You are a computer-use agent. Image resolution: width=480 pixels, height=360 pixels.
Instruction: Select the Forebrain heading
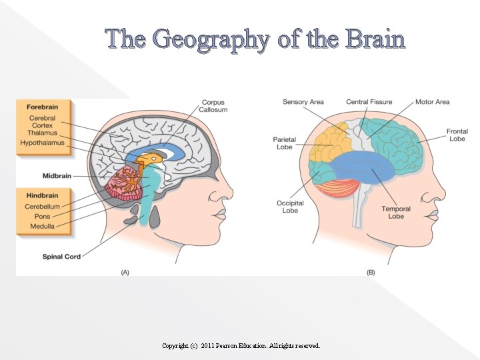(41, 107)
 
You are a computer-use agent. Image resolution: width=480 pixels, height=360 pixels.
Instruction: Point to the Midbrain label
(57, 176)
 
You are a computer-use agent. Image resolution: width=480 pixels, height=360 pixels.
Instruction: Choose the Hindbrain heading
(42, 196)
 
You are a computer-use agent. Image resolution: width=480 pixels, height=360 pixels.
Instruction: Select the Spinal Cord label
(61, 256)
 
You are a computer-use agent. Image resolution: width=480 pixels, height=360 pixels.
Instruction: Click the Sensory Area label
(303, 102)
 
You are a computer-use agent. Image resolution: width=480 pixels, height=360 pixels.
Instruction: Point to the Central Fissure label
(369, 102)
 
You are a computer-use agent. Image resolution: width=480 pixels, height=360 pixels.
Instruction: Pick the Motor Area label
(432, 102)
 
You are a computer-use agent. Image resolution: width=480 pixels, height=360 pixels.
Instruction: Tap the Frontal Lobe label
(457, 135)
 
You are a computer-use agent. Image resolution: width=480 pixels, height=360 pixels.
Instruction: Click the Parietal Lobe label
(285, 143)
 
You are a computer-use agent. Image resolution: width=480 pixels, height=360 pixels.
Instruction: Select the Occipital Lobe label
(290, 207)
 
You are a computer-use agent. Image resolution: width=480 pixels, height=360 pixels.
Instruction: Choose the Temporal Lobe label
(396, 213)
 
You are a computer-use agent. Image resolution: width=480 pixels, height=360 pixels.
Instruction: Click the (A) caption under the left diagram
(125, 272)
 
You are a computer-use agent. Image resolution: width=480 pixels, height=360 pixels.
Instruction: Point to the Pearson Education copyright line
(241, 346)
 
